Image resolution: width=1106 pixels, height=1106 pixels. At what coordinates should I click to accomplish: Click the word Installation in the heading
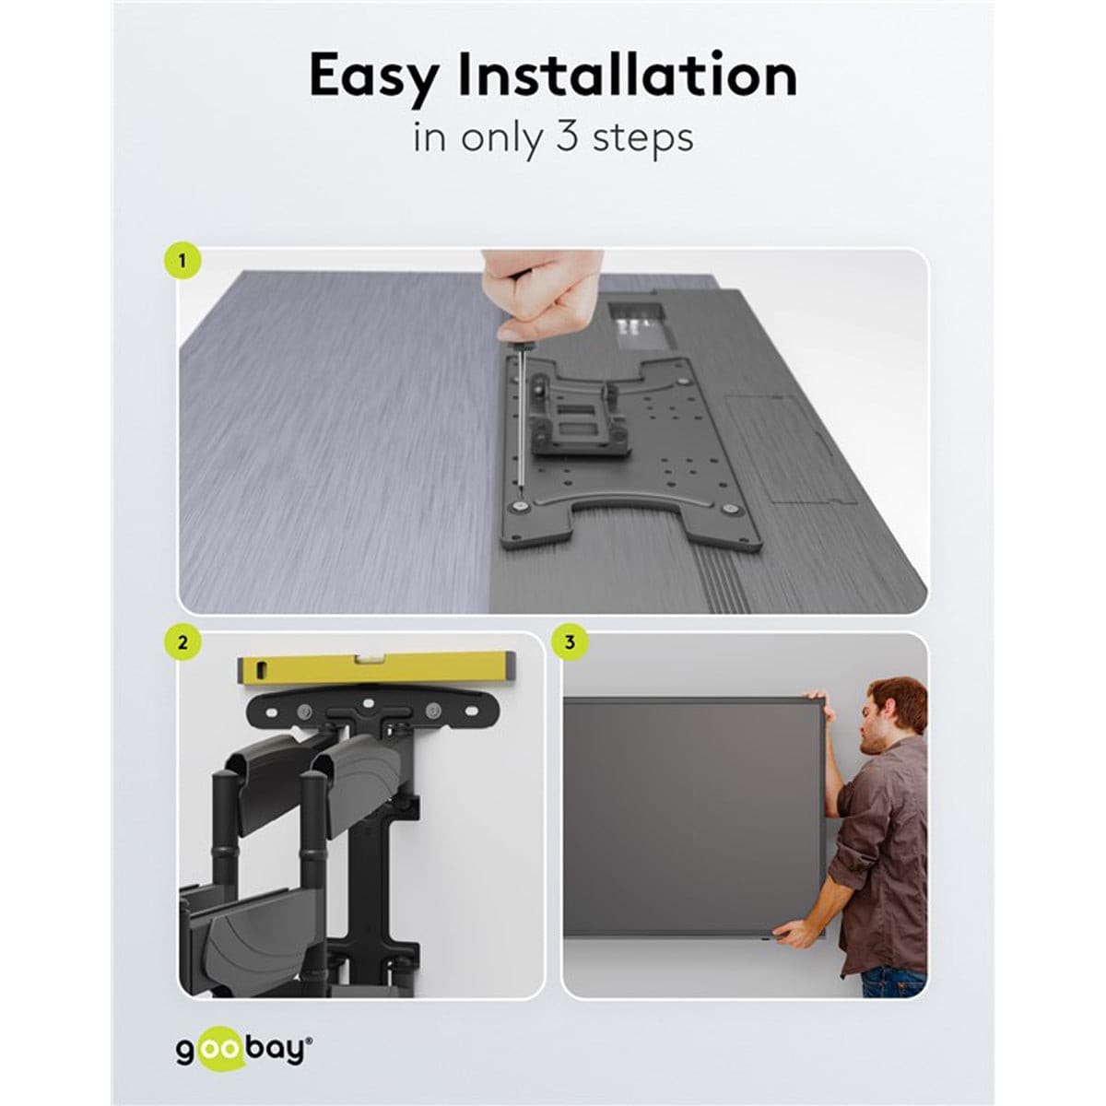628,74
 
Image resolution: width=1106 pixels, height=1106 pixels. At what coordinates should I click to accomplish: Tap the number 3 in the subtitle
566,136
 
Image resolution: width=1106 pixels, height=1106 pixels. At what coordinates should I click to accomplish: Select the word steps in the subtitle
642,140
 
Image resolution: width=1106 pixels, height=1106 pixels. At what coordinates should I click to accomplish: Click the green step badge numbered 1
183,263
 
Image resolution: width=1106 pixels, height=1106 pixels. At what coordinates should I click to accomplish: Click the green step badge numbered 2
183,641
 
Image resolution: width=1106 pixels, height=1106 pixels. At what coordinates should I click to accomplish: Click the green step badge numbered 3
570,641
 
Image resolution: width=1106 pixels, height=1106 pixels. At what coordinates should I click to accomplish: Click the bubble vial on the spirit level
365,659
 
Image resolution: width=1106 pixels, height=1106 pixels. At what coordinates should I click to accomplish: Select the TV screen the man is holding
694,818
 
